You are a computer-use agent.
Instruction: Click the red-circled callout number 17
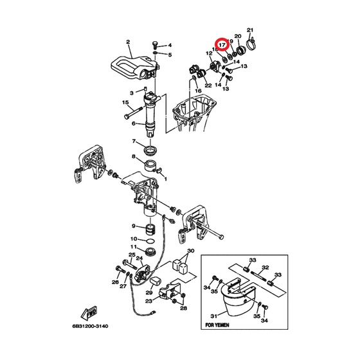click(x=222, y=44)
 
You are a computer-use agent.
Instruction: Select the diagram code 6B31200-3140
click(x=90, y=326)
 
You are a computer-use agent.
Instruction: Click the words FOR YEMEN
click(x=217, y=325)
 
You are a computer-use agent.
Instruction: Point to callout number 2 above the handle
click(x=128, y=42)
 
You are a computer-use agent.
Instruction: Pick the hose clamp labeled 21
click(x=251, y=44)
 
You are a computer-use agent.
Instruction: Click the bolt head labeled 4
click(x=155, y=44)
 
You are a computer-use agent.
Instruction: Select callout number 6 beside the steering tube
click(x=134, y=123)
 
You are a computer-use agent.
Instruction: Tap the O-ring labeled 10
click(x=150, y=241)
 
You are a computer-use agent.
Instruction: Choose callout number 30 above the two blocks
click(x=190, y=251)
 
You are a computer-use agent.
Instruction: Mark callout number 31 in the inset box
click(x=213, y=316)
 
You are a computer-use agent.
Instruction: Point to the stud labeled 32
click(x=258, y=276)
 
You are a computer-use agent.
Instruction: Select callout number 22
click(x=208, y=85)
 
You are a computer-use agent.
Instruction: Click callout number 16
click(x=198, y=91)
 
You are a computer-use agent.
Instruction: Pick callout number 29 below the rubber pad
click(x=149, y=292)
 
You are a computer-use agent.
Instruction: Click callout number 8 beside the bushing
click(x=134, y=157)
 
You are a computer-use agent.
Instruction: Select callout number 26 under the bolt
click(x=115, y=282)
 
